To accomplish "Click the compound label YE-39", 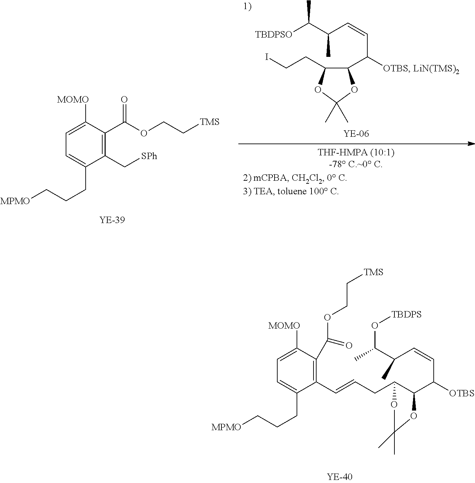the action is [112, 220].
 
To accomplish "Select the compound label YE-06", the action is [356, 134].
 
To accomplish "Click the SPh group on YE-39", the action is [149, 156].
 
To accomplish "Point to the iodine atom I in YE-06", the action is [267, 58].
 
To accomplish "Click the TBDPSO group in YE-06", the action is [273, 35].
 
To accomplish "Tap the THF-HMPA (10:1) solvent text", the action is [356, 153].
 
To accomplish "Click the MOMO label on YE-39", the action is [73, 100].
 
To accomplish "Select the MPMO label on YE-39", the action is [15, 201].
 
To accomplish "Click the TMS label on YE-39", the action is [210, 122].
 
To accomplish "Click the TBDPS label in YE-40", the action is [406, 314].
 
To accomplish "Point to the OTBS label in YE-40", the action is [461, 393].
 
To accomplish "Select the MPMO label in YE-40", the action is [226, 427].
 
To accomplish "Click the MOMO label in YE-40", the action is [284, 326].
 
